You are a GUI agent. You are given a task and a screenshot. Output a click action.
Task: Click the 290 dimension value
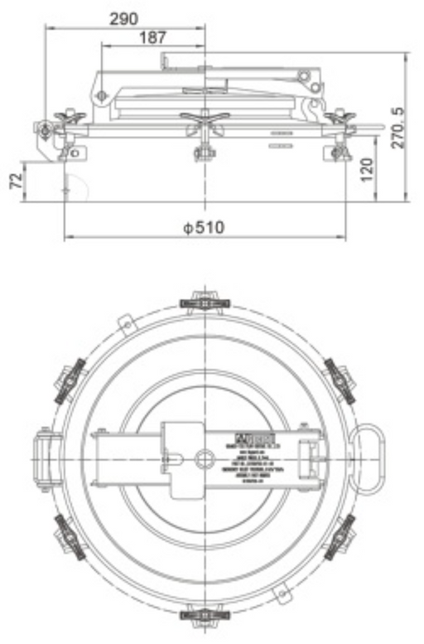[124, 17]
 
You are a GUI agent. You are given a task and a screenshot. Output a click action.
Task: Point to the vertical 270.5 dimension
[398, 124]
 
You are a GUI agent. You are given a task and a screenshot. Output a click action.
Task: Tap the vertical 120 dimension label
[368, 169]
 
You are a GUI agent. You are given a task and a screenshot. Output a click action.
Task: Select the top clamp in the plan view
[204, 301]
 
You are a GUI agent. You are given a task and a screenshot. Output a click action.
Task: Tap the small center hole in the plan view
[204, 457]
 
